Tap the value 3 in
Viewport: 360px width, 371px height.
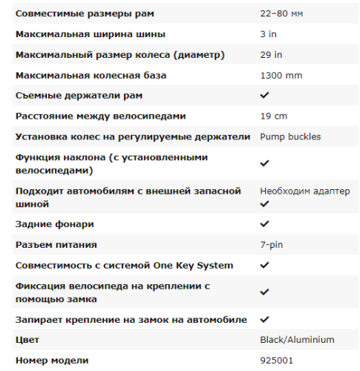pyautogui.click(x=268, y=34)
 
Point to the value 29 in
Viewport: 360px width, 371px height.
pyautogui.click(x=270, y=55)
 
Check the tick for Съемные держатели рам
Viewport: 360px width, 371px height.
pyautogui.click(x=264, y=96)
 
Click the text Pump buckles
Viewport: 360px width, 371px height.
pyautogui.click(x=289, y=137)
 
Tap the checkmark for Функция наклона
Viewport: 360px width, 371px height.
pyautogui.click(x=264, y=163)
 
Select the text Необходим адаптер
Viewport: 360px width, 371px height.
pyautogui.click(x=304, y=191)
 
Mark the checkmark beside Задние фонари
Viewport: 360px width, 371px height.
pyautogui.click(x=264, y=224)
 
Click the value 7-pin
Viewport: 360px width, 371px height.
pyautogui.click(x=271, y=244)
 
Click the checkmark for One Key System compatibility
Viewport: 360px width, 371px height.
pyautogui.click(x=264, y=265)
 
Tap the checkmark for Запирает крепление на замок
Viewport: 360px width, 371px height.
pyautogui.click(x=264, y=319)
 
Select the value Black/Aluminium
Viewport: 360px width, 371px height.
pyautogui.click(x=297, y=340)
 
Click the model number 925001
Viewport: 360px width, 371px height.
pyautogui.click(x=275, y=360)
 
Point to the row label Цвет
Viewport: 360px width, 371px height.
pyautogui.click(x=27, y=340)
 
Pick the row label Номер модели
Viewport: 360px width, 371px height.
pyautogui.click(x=52, y=360)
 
